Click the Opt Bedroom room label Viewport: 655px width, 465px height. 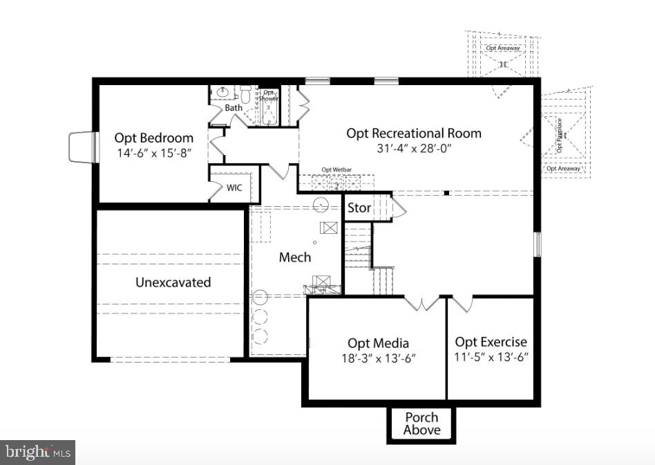[153, 137]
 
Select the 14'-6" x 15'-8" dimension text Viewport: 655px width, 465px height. [153, 153]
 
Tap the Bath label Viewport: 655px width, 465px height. [234, 108]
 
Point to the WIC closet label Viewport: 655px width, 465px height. [234, 188]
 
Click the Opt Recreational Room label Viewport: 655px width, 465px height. [414, 133]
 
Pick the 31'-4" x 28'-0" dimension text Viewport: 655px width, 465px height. [414, 148]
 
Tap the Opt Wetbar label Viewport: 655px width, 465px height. [337, 170]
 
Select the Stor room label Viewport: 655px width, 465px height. [359, 208]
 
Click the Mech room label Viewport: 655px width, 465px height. [295, 257]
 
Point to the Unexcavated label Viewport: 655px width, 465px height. [173, 282]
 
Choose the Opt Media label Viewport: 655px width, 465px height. [378, 343]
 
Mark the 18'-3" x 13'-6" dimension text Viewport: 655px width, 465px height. [378, 358]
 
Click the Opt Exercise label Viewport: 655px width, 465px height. [491, 342]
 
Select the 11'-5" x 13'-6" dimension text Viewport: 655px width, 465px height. [491, 357]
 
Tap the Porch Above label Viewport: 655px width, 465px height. [421, 423]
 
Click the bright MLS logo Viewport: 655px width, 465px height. [38, 453]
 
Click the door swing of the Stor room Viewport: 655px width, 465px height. [398, 208]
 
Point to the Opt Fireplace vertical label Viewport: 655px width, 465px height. [560, 136]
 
